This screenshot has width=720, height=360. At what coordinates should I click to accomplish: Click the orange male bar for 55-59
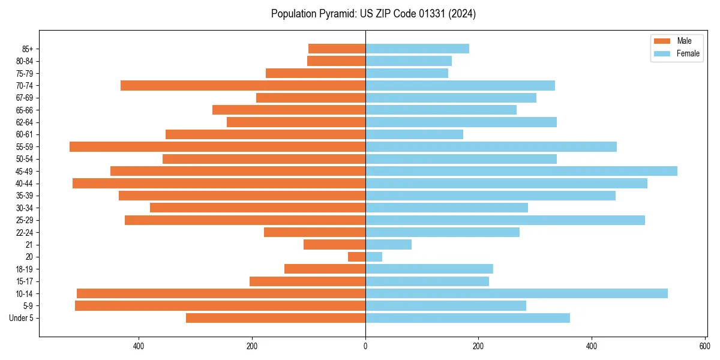(217, 146)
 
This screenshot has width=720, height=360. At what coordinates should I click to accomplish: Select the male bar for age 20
(357, 257)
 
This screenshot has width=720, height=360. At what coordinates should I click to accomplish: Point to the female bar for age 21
(388, 244)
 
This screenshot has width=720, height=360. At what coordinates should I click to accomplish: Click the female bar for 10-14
(516, 293)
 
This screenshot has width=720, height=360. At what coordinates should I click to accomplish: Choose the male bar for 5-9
(220, 305)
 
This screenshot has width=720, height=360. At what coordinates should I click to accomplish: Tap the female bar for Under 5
(467, 318)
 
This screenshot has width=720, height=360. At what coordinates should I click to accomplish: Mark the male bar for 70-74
(243, 85)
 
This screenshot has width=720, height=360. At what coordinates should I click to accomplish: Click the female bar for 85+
(417, 49)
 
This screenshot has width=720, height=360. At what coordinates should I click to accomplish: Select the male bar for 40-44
(219, 183)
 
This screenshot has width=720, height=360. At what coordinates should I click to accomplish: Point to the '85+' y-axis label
(26, 49)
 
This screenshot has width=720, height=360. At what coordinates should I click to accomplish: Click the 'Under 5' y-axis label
(22, 318)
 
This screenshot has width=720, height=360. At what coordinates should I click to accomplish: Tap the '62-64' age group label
(25, 122)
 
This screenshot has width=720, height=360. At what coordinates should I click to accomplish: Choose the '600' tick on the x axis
(704, 346)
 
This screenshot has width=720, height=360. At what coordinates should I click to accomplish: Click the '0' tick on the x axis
(365, 346)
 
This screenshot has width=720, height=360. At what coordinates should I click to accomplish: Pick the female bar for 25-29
(505, 220)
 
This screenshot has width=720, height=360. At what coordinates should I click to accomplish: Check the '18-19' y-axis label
(25, 269)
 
